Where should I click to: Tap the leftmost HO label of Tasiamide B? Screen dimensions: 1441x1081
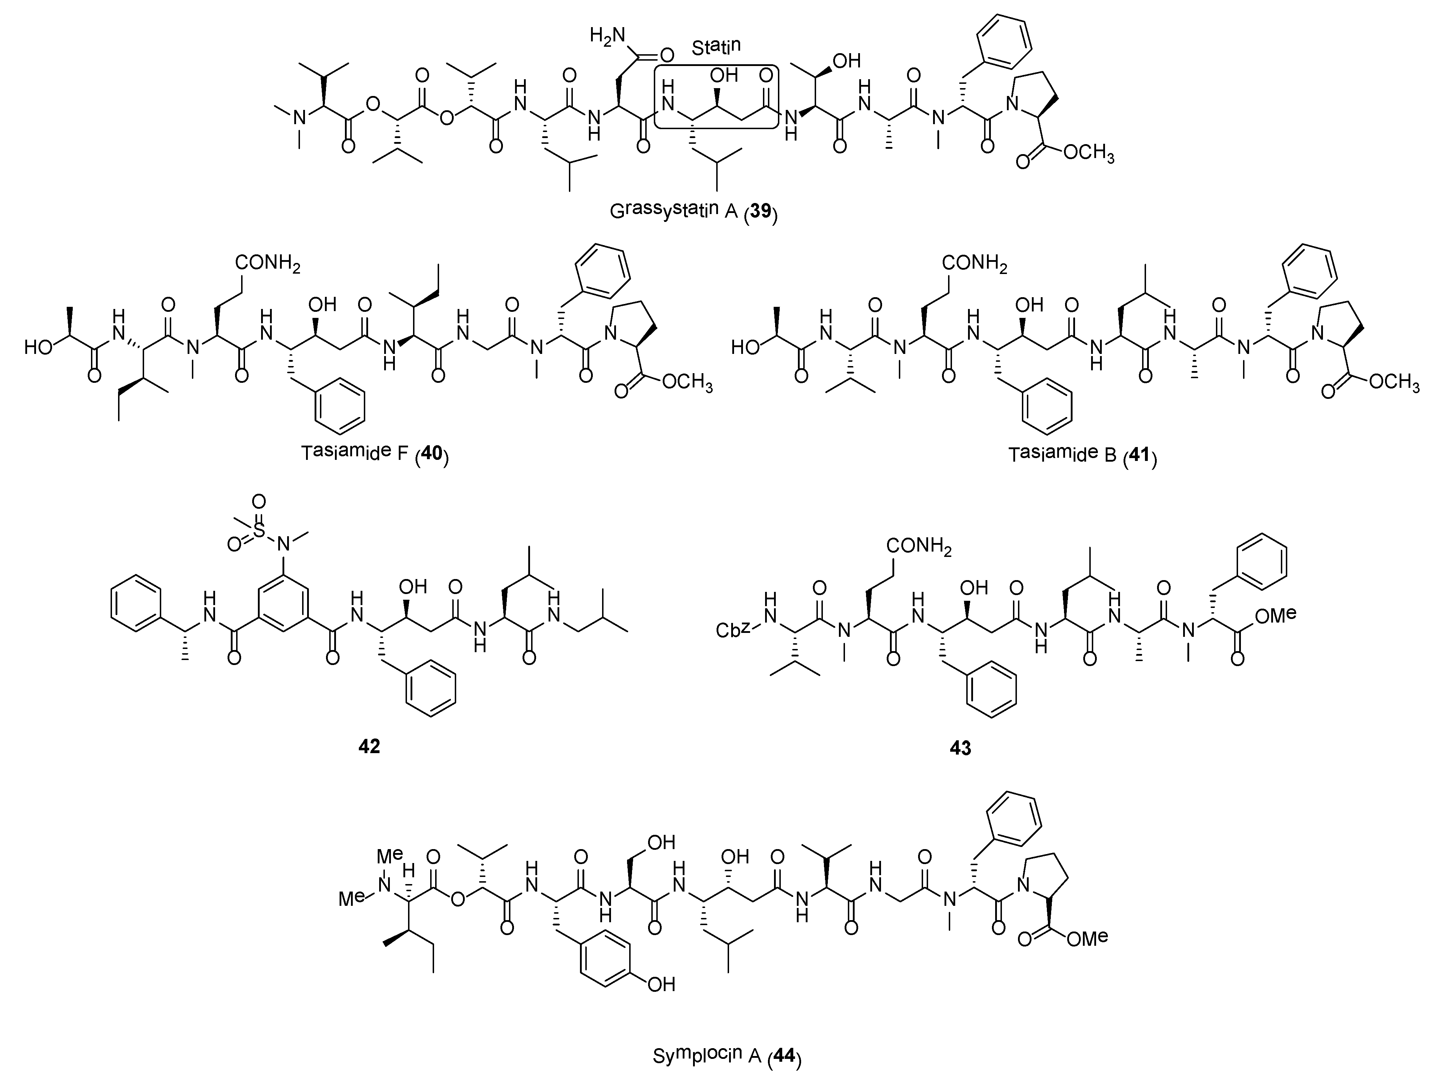745,347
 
